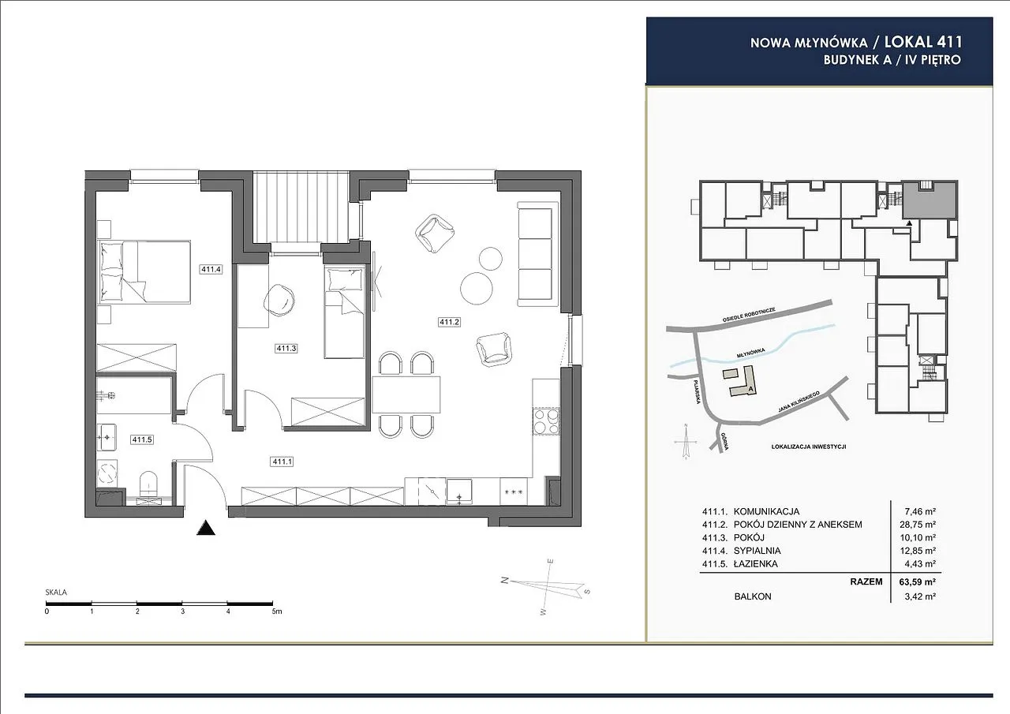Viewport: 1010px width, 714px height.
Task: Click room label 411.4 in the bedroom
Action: (x=211, y=270)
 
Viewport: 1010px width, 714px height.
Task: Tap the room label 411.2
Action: (x=449, y=322)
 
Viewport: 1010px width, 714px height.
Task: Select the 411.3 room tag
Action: (x=286, y=349)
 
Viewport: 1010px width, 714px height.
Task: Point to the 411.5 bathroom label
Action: (x=142, y=439)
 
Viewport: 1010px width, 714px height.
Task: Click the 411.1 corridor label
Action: (x=282, y=462)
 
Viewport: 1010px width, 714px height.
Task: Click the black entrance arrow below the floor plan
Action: (x=206, y=528)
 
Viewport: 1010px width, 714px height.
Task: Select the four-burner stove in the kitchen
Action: (x=546, y=421)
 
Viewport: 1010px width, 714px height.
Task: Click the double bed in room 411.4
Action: (x=144, y=271)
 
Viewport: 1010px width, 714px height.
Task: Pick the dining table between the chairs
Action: (x=406, y=394)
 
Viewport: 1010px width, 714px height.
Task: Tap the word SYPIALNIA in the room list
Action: (x=757, y=551)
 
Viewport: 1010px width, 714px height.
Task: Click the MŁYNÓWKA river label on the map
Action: (x=751, y=353)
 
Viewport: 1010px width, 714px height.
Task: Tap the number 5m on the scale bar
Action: (x=277, y=611)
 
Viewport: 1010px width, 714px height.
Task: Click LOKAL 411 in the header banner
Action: (x=923, y=43)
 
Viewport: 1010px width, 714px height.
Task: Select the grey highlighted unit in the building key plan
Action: (x=930, y=200)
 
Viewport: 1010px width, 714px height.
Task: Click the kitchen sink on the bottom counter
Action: (x=459, y=492)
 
